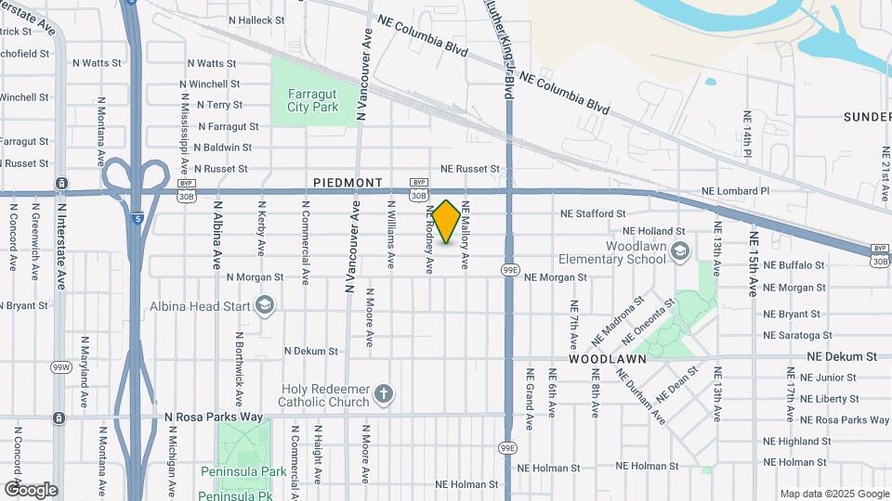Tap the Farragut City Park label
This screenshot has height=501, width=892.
click(312, 101)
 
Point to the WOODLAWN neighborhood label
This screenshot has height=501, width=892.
click(602, 357)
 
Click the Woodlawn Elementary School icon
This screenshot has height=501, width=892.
click(680, 251)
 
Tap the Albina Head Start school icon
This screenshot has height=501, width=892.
click(265, 306)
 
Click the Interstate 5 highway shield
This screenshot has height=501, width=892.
click(137, 219)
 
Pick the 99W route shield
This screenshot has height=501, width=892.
click(60, 367)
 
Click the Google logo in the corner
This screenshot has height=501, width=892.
click(31, 490)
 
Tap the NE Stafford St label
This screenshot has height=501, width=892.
click(592, 214)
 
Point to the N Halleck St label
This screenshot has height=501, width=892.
click(223, 20)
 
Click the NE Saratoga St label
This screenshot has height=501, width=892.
click(796, 335)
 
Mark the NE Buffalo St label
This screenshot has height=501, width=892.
click(794, 264)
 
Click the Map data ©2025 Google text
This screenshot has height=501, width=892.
click(833, 494)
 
